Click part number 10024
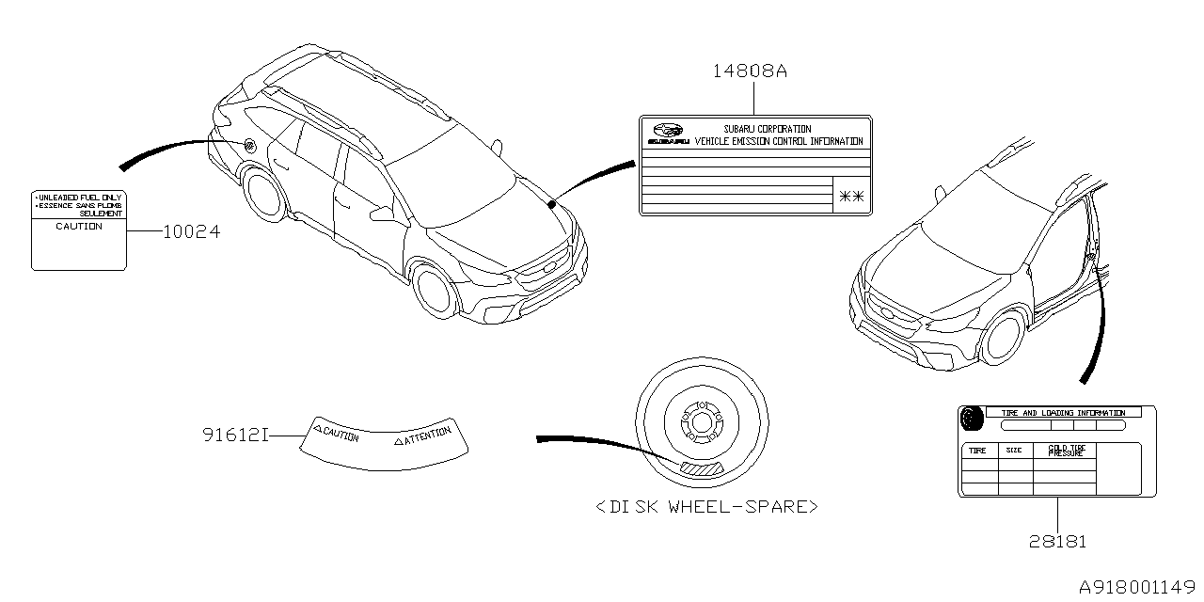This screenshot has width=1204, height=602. pos(192,231)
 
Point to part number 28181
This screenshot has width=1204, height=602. pos(1056,541)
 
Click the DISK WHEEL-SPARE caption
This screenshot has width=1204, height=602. pos(706,507)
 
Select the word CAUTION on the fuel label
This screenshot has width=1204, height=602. pos(79,227)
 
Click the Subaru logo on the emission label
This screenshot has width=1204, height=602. pos(667,133)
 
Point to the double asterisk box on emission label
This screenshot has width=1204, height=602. pos(852,196)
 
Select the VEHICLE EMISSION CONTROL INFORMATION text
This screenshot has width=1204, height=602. pos(778,141)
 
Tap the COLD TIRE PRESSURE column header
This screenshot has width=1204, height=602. pos(1065,451)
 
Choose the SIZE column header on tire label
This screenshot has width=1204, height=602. pos(1014,451)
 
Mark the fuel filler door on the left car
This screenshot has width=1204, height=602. pos(250,146)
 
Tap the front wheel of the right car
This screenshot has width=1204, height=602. pos(1004,340)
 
